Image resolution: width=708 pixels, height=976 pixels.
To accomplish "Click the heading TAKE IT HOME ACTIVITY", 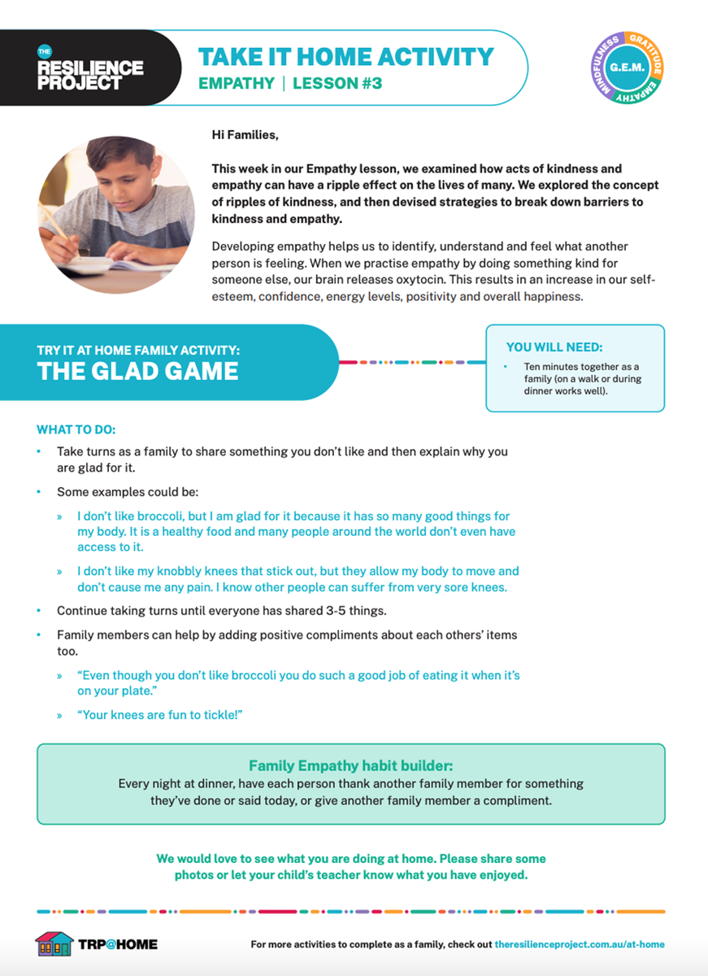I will [345, 57].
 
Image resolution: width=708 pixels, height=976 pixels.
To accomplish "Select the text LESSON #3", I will [337, 83].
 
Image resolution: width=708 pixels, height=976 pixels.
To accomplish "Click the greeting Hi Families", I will [245, 135].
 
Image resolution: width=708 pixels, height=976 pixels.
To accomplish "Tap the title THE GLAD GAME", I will [137, 372].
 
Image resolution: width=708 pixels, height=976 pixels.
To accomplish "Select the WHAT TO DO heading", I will [76, 429].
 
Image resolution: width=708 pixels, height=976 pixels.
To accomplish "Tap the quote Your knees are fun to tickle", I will [160, 714].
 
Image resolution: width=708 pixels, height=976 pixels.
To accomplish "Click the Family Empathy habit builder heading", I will [350, 765].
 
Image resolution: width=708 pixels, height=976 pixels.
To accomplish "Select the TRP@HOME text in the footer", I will [118, 944].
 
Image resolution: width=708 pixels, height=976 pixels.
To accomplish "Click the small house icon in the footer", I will [54, 943].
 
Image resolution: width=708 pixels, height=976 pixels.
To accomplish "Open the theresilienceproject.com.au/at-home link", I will [579, 944].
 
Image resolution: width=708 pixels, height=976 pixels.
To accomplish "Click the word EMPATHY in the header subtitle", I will [237, 83].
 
